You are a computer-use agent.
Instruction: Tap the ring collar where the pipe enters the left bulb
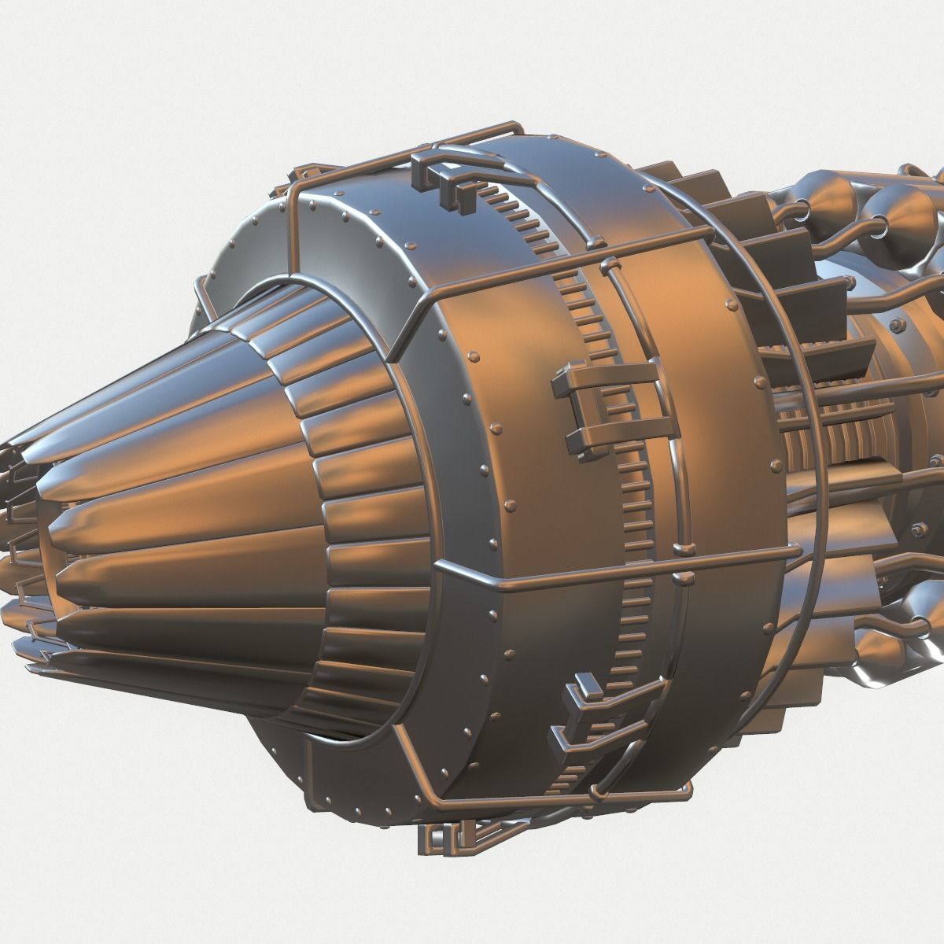pyautogui.click(x=806, y=208)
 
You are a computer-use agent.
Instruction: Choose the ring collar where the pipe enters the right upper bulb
pyautogui.click(x=873, y=228)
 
